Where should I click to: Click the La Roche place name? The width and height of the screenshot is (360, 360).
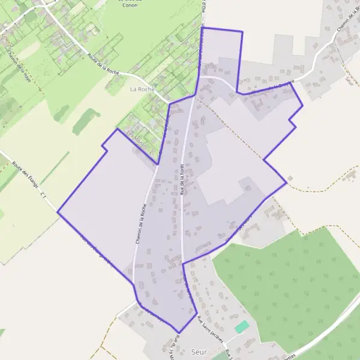[142, 89]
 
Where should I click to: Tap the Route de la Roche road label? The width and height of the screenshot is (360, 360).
[104, 64]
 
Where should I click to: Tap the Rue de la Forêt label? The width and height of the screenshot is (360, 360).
[181, 179]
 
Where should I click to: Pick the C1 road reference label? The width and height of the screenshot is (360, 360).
[43, 195]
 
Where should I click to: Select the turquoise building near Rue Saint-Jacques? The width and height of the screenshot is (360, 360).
[241, 327]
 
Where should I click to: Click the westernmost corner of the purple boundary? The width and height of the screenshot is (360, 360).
[58, 212]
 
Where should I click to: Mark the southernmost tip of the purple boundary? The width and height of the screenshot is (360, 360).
[178, 333]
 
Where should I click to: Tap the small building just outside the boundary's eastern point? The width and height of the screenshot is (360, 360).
[290, 178]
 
